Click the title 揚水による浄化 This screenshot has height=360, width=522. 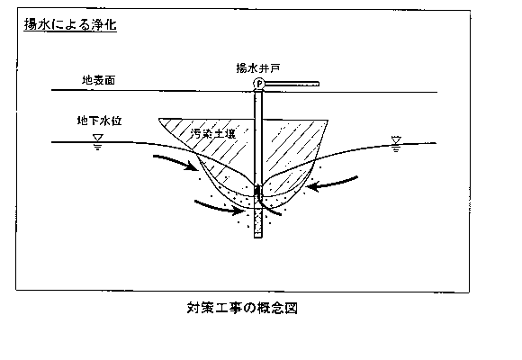(x=70, y=24)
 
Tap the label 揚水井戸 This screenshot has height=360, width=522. (x=258, y=68)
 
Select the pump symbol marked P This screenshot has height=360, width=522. (x=258, y=84)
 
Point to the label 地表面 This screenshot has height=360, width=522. (x=98, y=80)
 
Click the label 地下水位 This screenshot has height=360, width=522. (x=99, y=121)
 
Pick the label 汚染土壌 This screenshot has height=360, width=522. (x=213, y=133)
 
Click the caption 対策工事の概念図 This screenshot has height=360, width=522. (x=242, y=308)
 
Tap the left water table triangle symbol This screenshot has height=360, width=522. (x=98, y=138)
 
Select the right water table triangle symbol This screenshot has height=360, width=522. (x=396, y=139)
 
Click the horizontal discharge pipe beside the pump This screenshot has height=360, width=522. (x=292, y=84)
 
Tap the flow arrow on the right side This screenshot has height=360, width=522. (x=331, y=184)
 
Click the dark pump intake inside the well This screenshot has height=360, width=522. (x=257, y=192)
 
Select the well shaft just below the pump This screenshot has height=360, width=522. (x=258, y=137)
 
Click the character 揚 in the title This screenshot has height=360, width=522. (x=31, y=24)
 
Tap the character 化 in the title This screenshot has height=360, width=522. (x=110, y=24)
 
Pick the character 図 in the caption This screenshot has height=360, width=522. (x=292, y=308)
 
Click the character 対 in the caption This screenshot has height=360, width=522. (x=193, y=308)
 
